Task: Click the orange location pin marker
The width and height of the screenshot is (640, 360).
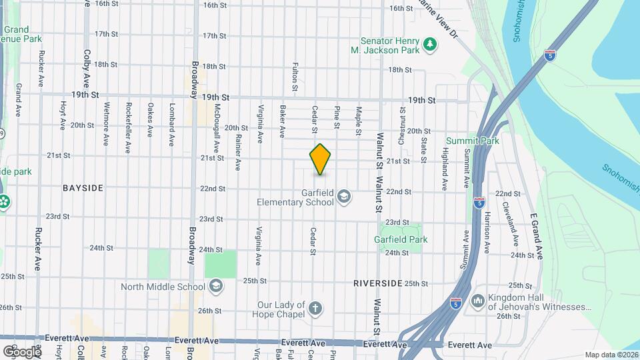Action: click(320, 159)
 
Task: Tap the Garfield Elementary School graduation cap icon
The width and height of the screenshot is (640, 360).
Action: click(344, 196)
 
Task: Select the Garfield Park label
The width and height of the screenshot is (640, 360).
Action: click(400, 239)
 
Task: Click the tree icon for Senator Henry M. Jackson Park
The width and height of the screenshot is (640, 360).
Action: click(431, 45)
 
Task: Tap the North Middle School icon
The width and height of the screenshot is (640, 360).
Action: click(215, 287)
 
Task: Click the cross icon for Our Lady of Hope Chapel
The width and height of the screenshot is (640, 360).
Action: click(315, 308)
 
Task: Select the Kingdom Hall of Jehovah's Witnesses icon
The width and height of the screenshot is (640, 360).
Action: click(478, 301)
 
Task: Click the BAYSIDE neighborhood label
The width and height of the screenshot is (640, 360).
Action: click(83, 188)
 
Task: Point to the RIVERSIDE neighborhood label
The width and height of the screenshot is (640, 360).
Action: click(378, 283)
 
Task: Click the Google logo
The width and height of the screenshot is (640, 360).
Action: click(21, 351)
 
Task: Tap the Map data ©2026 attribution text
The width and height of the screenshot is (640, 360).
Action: click(611, 355)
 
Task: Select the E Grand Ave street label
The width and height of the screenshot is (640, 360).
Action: click(537, 237)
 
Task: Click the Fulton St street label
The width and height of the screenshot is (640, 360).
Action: click(295, 77)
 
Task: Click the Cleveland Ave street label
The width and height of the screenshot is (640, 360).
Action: click(510, 221)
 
